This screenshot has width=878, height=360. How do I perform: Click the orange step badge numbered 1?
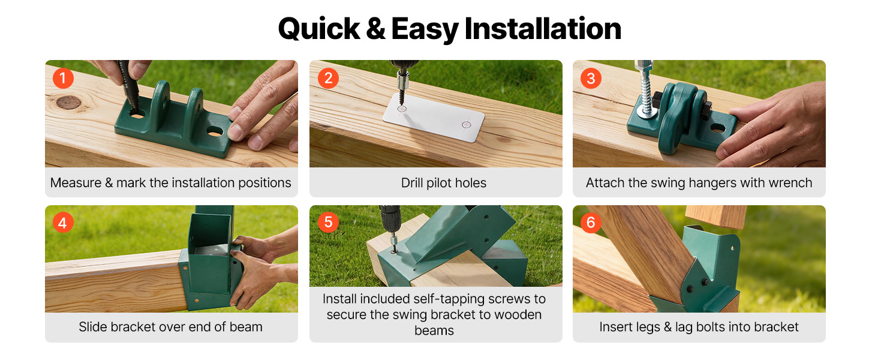(63, 78)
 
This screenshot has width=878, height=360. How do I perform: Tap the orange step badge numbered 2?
(328, 78)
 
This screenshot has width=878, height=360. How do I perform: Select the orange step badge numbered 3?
(591, 78)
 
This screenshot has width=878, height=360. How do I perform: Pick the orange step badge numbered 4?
(63, 223)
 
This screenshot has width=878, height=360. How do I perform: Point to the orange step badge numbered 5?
(328, 222)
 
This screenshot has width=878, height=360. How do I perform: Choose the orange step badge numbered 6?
(591, 223)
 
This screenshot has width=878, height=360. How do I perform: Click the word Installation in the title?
(543, 29)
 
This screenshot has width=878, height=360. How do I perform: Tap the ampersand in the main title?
(375, 29)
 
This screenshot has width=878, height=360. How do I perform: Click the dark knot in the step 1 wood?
(68, 103)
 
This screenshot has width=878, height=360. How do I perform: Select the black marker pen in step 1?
(128, 85)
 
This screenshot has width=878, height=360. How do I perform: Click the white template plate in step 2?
(434, 116)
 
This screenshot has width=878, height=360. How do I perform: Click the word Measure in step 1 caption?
(76, 183)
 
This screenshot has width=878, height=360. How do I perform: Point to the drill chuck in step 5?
(392, 232)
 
